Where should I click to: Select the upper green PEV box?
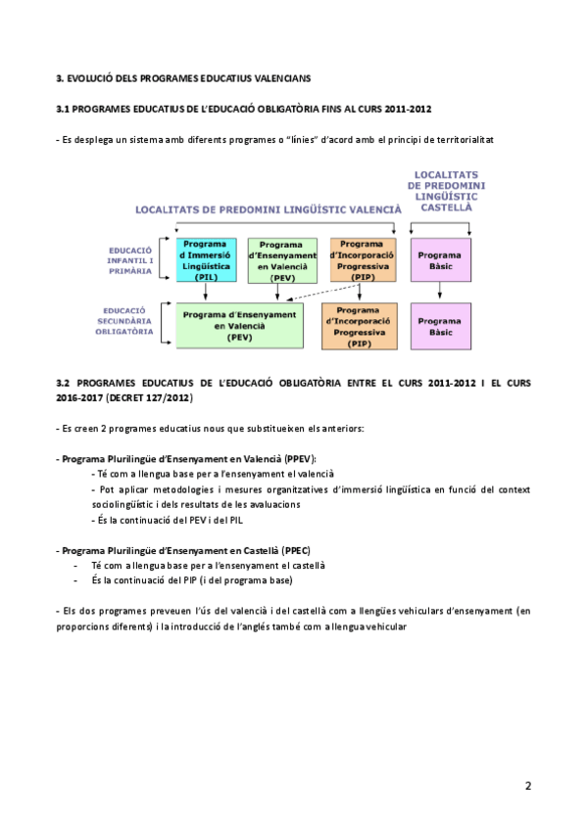[x=282, y=260]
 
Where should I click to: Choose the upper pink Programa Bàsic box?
[x=439, y=260]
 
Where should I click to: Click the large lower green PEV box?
[x=240, y=325]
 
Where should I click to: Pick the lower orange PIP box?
[x=360, y=326]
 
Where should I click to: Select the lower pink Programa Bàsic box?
[x=439, y=326]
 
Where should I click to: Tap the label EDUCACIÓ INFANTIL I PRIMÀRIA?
[x=131, y=259]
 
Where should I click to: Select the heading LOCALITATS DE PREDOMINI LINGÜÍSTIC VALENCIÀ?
[x=269, y=209]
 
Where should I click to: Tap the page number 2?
[x=528, y=785]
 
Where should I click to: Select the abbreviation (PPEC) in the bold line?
[x=294, y=550]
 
